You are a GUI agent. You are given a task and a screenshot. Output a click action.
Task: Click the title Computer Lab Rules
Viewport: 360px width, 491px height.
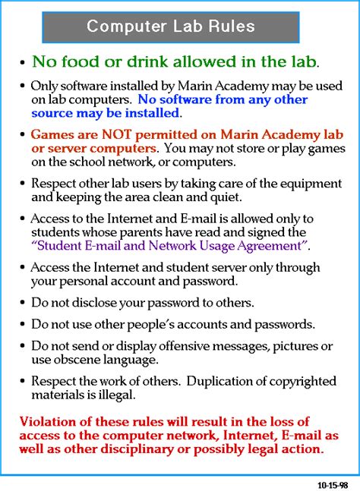[x=170, y=26]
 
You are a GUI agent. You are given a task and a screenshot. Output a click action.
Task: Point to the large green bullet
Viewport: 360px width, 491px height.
[x=24, y=63]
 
